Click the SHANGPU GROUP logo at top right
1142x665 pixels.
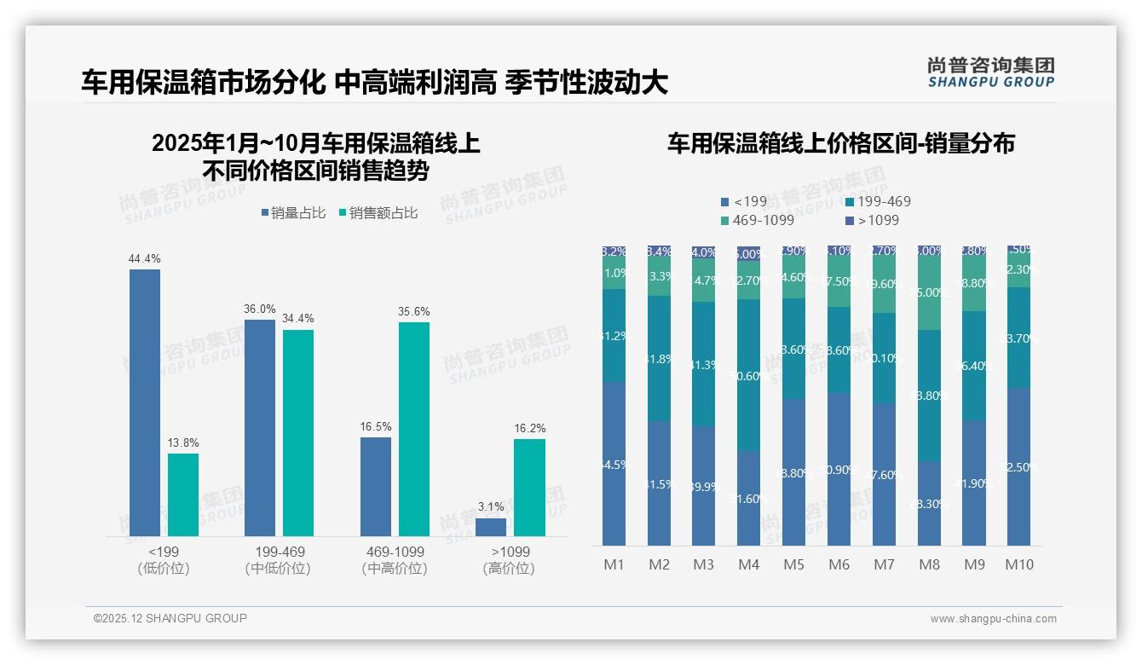pyautogui.click(x=990, y=72)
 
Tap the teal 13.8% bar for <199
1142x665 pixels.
pyautogui.click(x=183, y=494)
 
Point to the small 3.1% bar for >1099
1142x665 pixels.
pyautogui.click(x=491, y=527)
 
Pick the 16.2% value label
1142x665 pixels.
pyautogui.click(x=530, y=428)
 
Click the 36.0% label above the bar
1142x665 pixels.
pyautogui.click(x=260, y=309)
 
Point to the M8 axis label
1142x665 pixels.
pyautogui.click(x=929, y=564)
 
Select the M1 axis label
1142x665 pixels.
pyautogui.click(x=614, y=564)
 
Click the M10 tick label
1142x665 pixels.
pyautogui.click(x=1019, y=564)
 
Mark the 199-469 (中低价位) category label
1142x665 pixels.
pyautogui.click(x=279, y=560)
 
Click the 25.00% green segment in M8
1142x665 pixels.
pyautogui.click(x=930, y=292)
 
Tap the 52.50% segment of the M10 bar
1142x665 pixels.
pyautogui.click(x=1019, y=466)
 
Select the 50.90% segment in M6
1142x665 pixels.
pyautogui.click(x=839, y=469)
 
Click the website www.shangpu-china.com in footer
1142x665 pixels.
pyautogui.click(x=993, y=619)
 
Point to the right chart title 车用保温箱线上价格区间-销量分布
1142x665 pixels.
pyautogui.click(x=840, y=143)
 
